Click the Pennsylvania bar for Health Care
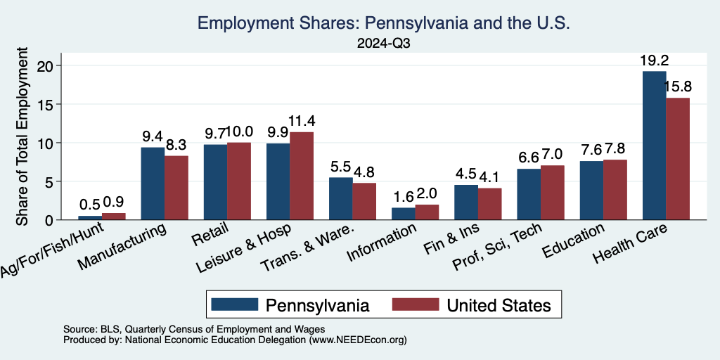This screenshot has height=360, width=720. (655, 146)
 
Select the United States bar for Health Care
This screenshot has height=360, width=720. (678, 159)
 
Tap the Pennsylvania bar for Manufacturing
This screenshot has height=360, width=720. (153, 184)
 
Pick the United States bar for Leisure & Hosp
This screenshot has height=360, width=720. (302, 176)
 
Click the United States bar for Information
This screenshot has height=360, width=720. (427, 212)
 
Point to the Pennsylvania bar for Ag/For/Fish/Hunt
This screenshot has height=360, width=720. (90, 218)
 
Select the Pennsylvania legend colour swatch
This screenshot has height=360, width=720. (234, 304)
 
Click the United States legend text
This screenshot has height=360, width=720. (499, 305)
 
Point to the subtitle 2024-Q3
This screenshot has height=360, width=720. (383, 43)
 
